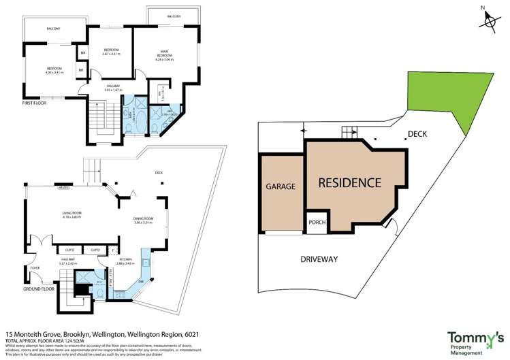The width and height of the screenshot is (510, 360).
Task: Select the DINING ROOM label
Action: pyautogui.click(x=144, y=220)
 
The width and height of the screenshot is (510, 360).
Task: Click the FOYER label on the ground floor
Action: pyautogui.click(x=34, y=268)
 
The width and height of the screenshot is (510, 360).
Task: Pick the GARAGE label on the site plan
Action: pyautogui.click(x=280, y=186)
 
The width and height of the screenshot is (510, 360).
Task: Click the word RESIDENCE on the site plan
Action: pyautogui.click(x=350, y=182)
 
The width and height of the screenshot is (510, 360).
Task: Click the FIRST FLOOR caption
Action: pyautogui.click(x=36, y=105)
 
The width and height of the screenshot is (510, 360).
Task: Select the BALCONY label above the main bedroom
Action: pyautogui.click(x=174, y=16)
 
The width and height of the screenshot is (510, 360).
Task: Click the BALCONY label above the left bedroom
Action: pyautogui.click(x=53, y=29)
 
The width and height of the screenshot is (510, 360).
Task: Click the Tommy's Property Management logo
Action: pyautogui.click(x=475, y=340)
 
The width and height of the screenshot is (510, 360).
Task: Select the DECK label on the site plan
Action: pyautogui.click(x=417, y=134)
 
